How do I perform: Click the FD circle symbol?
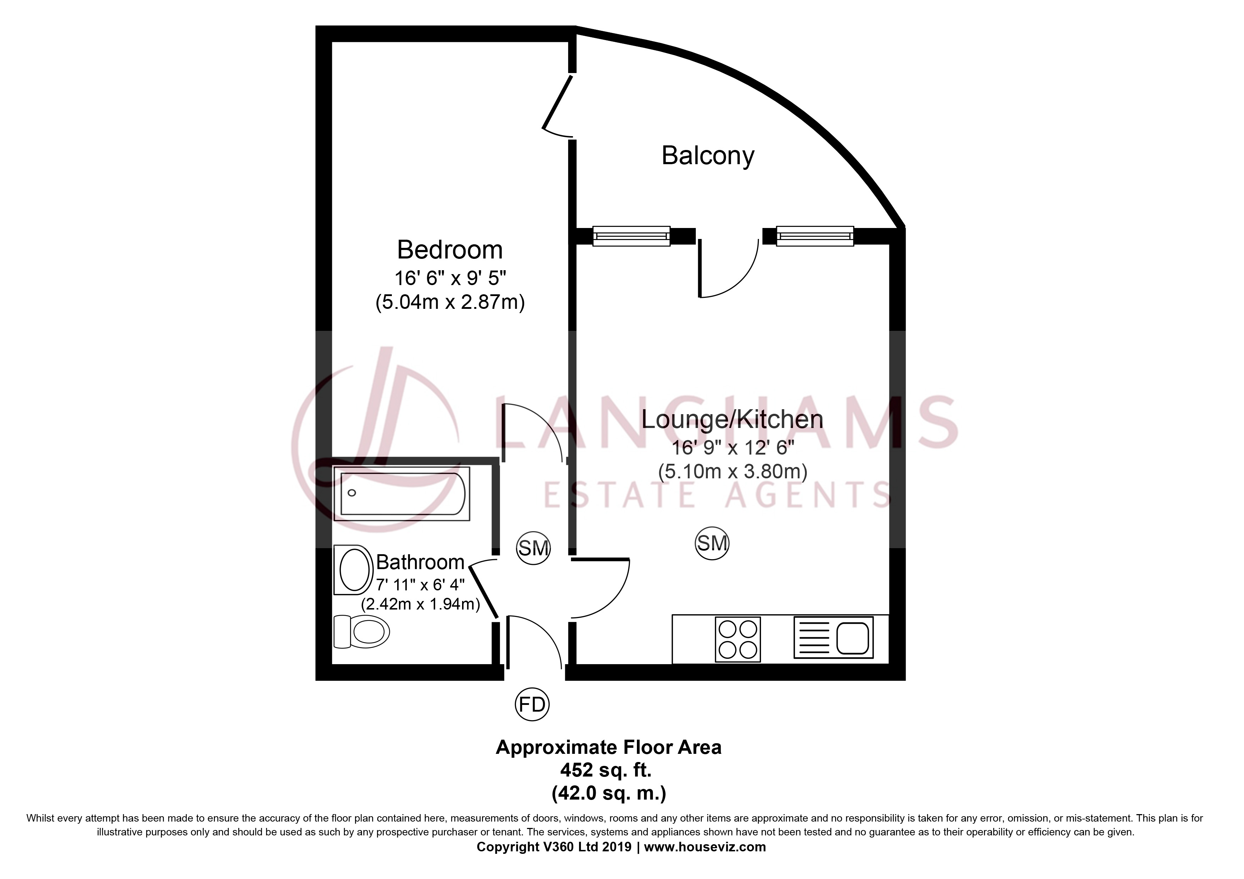tap(532, 705)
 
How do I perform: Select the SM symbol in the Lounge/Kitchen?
tap(712, 543)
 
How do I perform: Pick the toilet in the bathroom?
tap(361, 631)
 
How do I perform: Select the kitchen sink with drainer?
tap(833, 638)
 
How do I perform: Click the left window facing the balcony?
tap(631, 236)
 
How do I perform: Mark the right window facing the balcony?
tap(815, 236)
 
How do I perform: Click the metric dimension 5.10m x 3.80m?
tap(733, 471)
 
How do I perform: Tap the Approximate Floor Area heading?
tap(609, 747)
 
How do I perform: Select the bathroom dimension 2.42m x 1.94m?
tap(421, 603)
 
